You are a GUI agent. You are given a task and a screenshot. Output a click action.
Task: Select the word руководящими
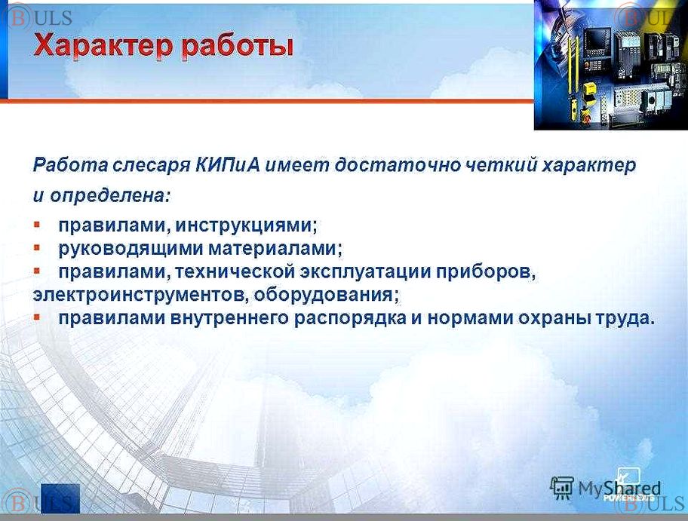click(131, 249)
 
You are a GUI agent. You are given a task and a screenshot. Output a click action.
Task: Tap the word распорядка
click(350, 318)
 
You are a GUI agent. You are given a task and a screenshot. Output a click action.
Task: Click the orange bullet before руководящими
click(37, 248)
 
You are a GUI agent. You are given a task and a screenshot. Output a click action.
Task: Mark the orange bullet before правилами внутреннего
click(37, 316)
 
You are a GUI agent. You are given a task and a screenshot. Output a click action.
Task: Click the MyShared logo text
click(619, 488)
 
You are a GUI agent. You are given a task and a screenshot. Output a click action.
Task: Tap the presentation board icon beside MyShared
click(562, 488)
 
